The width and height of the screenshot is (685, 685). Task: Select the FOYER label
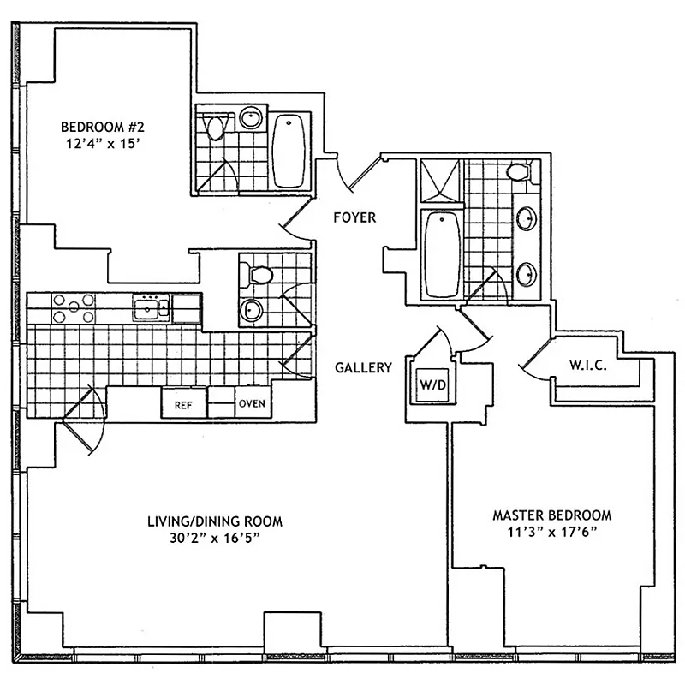(x=354, y=217)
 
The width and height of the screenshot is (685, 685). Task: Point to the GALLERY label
(x=363, y=367)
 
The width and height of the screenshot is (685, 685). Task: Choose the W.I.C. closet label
(x=587, y=366)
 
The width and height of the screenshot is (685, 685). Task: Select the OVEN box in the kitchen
(x=251, y=403)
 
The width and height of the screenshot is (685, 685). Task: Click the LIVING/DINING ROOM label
(x=214, y=521)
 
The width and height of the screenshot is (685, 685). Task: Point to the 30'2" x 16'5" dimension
(x=214, y=538)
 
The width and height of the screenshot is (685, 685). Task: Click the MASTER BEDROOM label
(x=551, y=515)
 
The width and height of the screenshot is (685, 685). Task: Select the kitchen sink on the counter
(x=151, y=307)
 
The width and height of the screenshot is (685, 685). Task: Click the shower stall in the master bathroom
(x=439, y=182)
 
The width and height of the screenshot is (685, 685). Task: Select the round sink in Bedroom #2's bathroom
(x=251, y=118)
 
